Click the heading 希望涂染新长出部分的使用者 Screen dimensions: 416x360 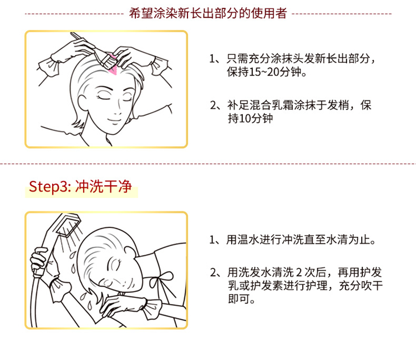pyautogui.click(x=208, y=13)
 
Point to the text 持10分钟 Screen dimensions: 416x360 pyautogui.click(x=250, y=118)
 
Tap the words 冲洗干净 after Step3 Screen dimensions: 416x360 pyautogui.click(x=104, y=186)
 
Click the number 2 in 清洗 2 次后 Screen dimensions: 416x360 pyautogui.click(x=299, y=272)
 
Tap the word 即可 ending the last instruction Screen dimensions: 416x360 pyautogui.click(x=239, y=299)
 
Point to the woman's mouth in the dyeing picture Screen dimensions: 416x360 pyautogui.click(x=115, y=120)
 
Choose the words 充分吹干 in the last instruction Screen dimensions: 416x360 pyautogui.click(x=361, y=286)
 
